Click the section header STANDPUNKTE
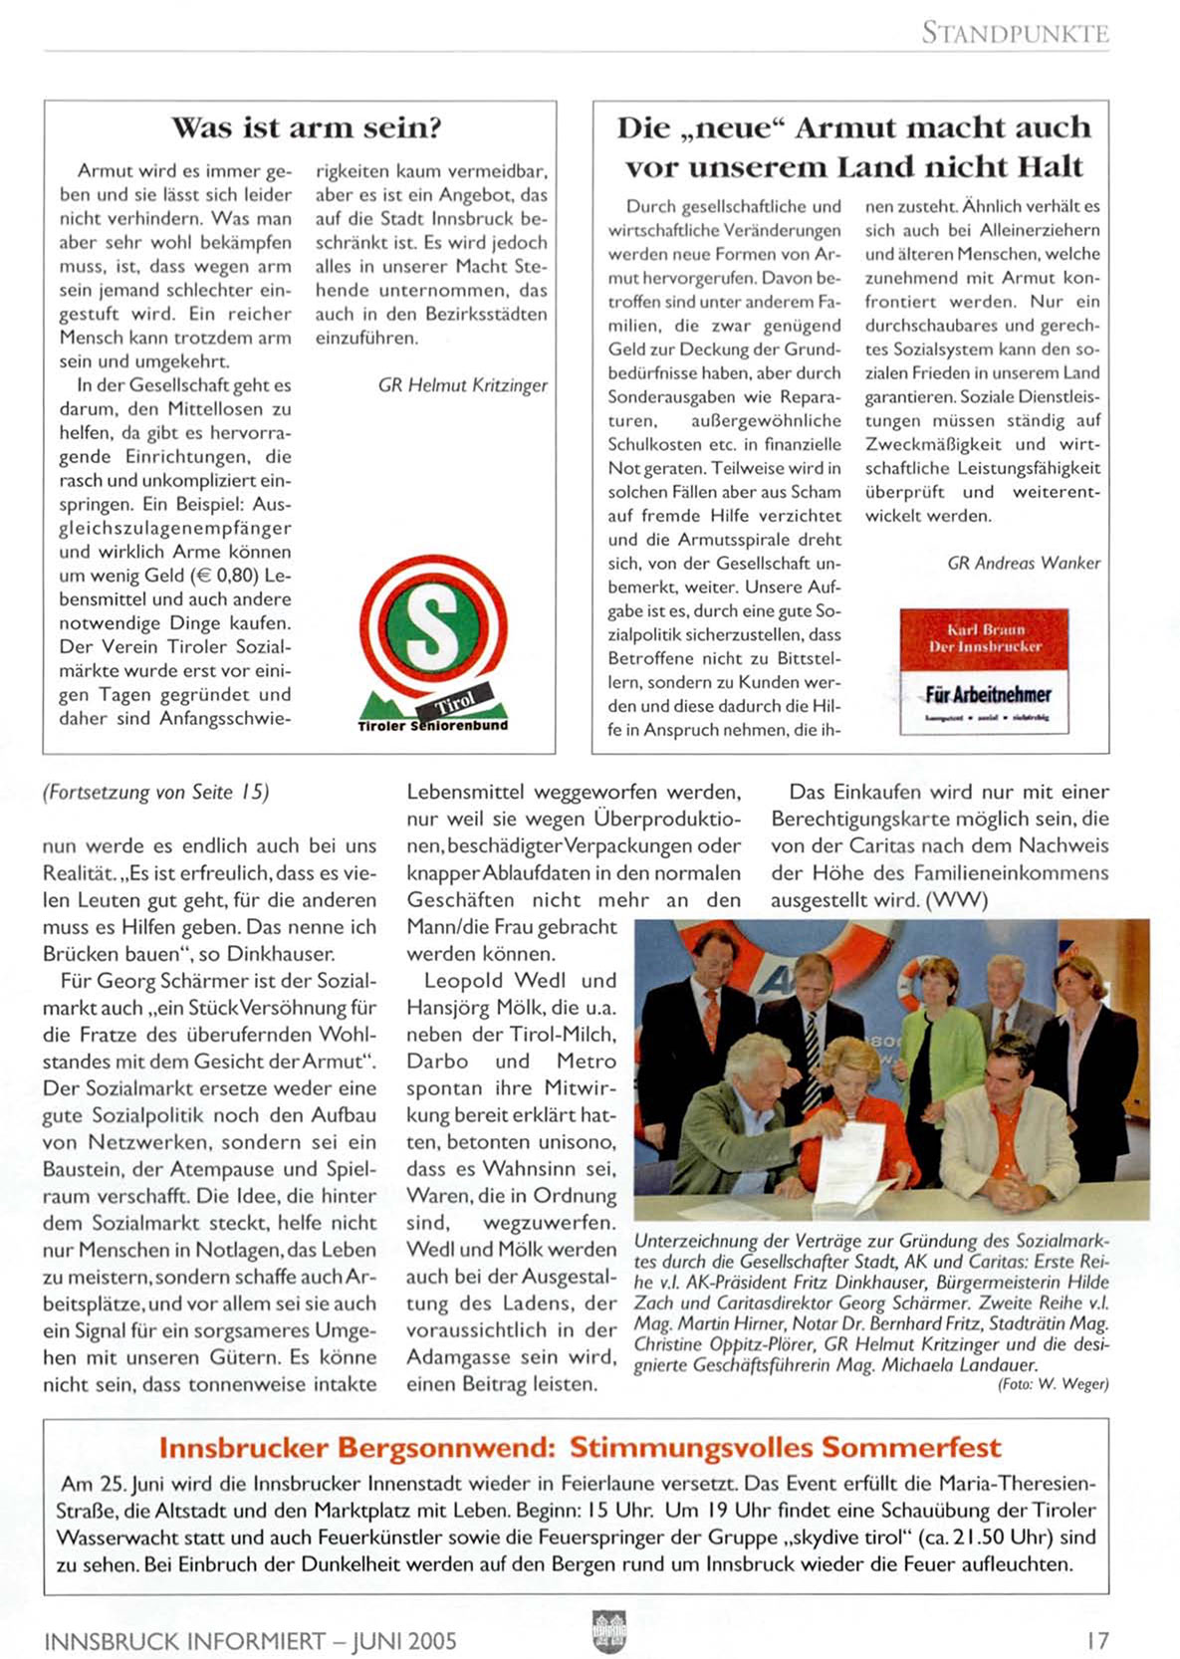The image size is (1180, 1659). coord(1014,33)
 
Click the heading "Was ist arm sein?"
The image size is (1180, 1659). coord(306,128)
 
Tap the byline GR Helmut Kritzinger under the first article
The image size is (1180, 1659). coord(462,385)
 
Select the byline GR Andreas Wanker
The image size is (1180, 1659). coord(1024,563)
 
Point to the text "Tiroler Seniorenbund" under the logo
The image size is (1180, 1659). coord(432,726)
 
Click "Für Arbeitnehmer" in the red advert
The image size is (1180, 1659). coord(988,694)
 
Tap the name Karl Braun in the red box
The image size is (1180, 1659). coord(985,629)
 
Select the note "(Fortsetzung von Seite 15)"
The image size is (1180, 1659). coord(155,793)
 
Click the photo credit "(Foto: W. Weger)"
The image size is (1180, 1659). coord(1053,1384)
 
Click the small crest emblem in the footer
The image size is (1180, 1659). coord(608,1632)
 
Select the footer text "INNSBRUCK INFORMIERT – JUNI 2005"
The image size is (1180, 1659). coord(250,1641)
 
